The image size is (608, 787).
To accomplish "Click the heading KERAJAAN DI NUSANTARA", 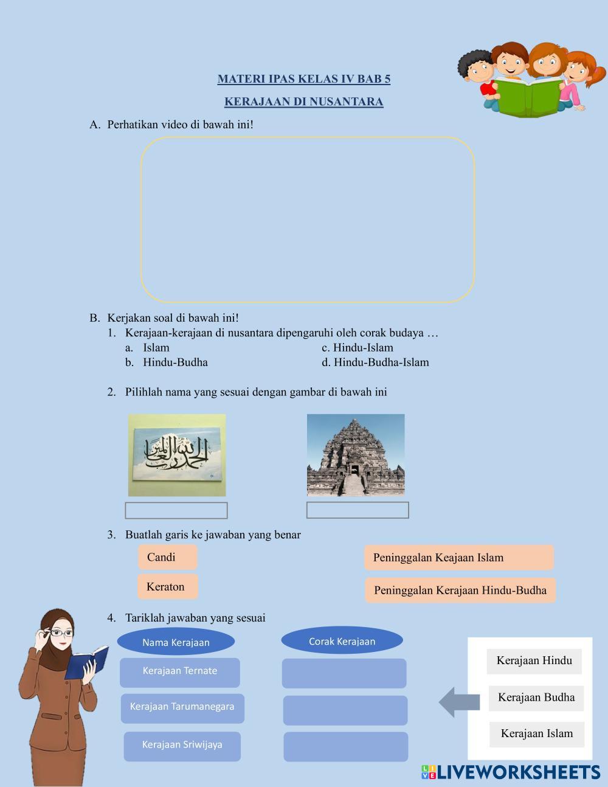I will [303, 102].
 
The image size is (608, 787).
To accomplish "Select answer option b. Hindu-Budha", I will [175, 362].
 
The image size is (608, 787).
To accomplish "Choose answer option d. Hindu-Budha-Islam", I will [381, 362].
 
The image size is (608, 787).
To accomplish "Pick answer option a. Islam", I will [156, 348].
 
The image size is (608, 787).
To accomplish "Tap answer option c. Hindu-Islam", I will [363, 348].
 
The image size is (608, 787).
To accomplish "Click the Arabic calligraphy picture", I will [176, 455].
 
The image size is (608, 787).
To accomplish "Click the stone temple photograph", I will [356, 455].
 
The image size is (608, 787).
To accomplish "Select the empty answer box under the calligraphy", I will [176, 511].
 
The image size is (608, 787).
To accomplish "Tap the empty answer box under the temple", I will [358, 510].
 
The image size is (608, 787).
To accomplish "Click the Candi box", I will [168, 557].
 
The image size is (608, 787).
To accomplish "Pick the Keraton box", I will [168, 587].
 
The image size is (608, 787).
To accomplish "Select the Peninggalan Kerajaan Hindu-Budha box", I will [460, 591].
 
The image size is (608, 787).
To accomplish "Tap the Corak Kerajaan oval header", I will [342, 641].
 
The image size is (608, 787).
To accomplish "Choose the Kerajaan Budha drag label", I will [536, 698].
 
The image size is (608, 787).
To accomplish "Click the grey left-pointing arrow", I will [459, 702].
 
